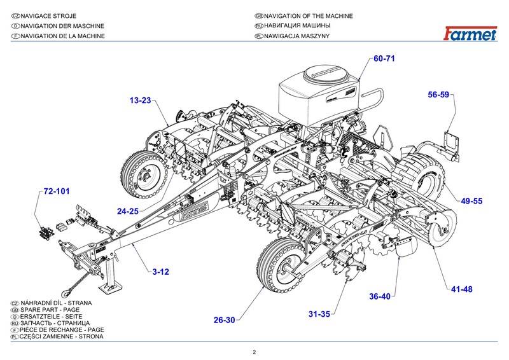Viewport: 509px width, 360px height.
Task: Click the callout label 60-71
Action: [x=385, y=59]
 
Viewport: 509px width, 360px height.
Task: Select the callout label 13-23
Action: [x=140, y=100]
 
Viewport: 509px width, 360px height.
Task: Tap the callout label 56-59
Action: [x=438, y=95]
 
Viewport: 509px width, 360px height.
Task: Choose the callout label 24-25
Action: [x=129, y=211]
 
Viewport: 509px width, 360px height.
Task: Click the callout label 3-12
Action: [x=160, y=272]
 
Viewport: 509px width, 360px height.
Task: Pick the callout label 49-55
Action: [x=472, y=201]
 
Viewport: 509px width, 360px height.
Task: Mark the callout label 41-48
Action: [x=462, y=289]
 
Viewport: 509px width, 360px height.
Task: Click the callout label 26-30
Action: [x=225, y=320]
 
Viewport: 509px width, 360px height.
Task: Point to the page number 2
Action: [x=254, y=352]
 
